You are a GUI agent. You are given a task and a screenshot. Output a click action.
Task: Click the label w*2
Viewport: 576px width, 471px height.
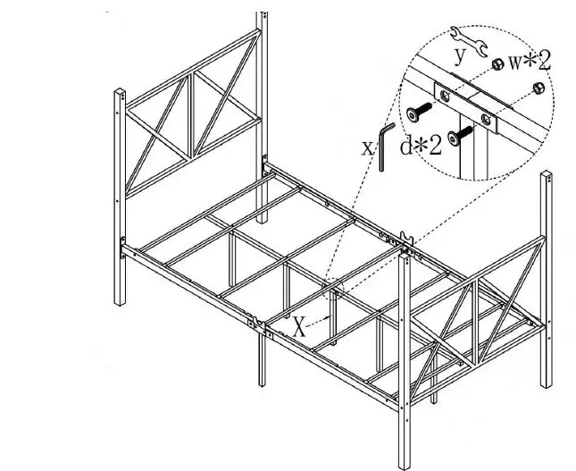[x=530, y=62]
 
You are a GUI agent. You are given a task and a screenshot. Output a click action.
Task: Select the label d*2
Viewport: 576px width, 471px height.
[x=420, y=146]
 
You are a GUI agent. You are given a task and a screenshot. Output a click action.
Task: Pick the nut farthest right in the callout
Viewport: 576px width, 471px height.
[x=538, y=88]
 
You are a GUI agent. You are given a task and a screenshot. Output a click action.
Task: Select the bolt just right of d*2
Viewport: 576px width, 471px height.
[x=460, y=136]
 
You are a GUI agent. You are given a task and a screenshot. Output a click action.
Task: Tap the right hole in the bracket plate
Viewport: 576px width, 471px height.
[x=486, y=116]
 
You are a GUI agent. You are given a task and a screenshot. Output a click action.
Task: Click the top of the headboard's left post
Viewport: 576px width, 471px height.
[x=119, y=91]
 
